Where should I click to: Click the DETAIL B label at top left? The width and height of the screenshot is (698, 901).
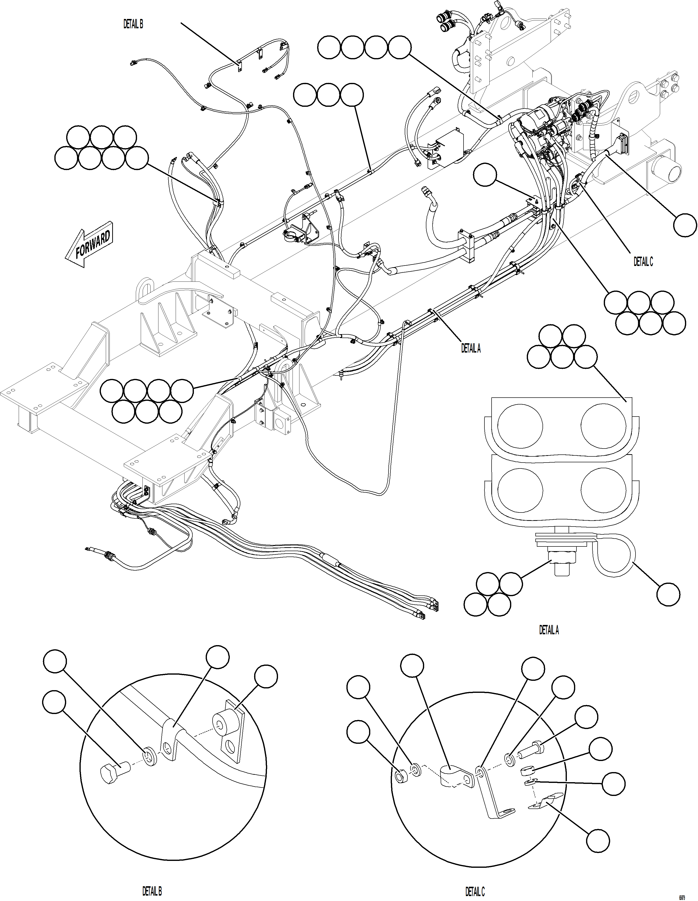click(x=133, y=24)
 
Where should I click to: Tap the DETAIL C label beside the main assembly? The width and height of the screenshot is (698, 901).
click(x=643, y=262)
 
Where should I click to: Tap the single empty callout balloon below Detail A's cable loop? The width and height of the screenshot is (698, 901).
click(x=668, y=594)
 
